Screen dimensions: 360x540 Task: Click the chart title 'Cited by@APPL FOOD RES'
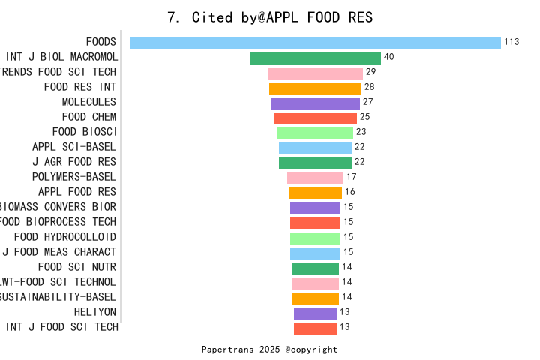270,16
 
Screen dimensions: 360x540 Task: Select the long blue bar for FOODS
315,43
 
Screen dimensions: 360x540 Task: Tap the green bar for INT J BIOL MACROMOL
315,58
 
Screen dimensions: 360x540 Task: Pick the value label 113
511,42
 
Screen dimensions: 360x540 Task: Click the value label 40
388,57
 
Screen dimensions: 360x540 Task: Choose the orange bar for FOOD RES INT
315,88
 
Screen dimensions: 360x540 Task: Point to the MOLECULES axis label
88,102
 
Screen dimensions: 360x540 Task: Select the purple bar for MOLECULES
315,103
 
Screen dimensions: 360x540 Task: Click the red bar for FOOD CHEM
315,118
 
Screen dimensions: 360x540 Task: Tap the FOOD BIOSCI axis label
89,132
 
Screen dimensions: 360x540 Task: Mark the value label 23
361,132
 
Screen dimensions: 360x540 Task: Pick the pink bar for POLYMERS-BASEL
315,178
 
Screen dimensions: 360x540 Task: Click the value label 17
351,177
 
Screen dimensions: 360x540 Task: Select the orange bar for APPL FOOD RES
315,193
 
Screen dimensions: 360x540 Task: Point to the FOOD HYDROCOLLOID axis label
65,237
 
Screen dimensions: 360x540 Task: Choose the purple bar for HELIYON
315,313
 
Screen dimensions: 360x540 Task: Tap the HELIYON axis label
95,312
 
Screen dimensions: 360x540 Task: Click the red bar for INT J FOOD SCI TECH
315,328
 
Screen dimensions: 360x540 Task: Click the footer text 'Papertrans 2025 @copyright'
269,349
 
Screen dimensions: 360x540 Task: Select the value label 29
370,72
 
